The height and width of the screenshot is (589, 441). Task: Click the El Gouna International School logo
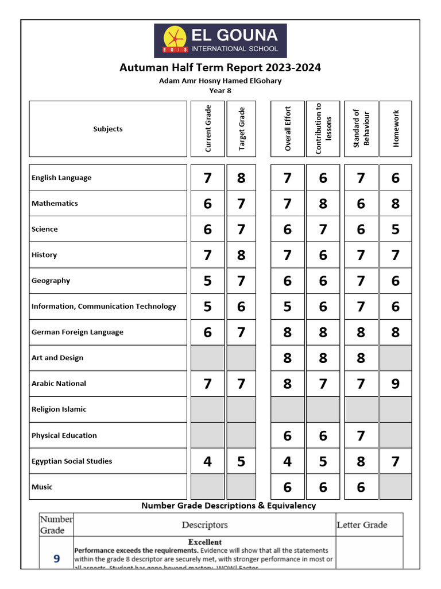(x=220, y=41)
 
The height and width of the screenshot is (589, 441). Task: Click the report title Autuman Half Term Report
(x=220, y=68)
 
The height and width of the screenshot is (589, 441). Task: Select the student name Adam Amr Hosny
(x=220, y=81)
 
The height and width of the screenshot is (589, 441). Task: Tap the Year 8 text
(x=220, y=90)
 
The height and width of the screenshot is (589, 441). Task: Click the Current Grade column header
(x=207, y=129)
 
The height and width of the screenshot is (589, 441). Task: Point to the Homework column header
(x=396, y=129)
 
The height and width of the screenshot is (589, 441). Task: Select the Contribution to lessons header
(x=323, y=129)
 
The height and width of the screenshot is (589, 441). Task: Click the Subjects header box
(x=108, y=129)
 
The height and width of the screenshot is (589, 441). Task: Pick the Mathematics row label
(x=55, y=203)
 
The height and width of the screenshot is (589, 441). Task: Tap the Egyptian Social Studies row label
(x=72, y=461)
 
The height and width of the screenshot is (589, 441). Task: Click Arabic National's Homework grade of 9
(x=396, y=384)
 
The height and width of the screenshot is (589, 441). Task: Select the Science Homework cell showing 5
(x=396, y=229)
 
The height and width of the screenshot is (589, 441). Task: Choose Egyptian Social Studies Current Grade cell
(x=207, y=461)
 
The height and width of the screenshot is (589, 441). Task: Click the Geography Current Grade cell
(x=207, y=281)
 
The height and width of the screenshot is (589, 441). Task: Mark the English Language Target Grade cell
(x=241, y=178)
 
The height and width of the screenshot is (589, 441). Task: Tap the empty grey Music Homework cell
(x=396, y=487)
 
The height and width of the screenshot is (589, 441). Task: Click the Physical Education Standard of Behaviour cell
(x=361, y=435)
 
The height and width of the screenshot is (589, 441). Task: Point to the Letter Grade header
(x=362, y=525)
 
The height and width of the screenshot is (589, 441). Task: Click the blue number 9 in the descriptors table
(x=56, y=559)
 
